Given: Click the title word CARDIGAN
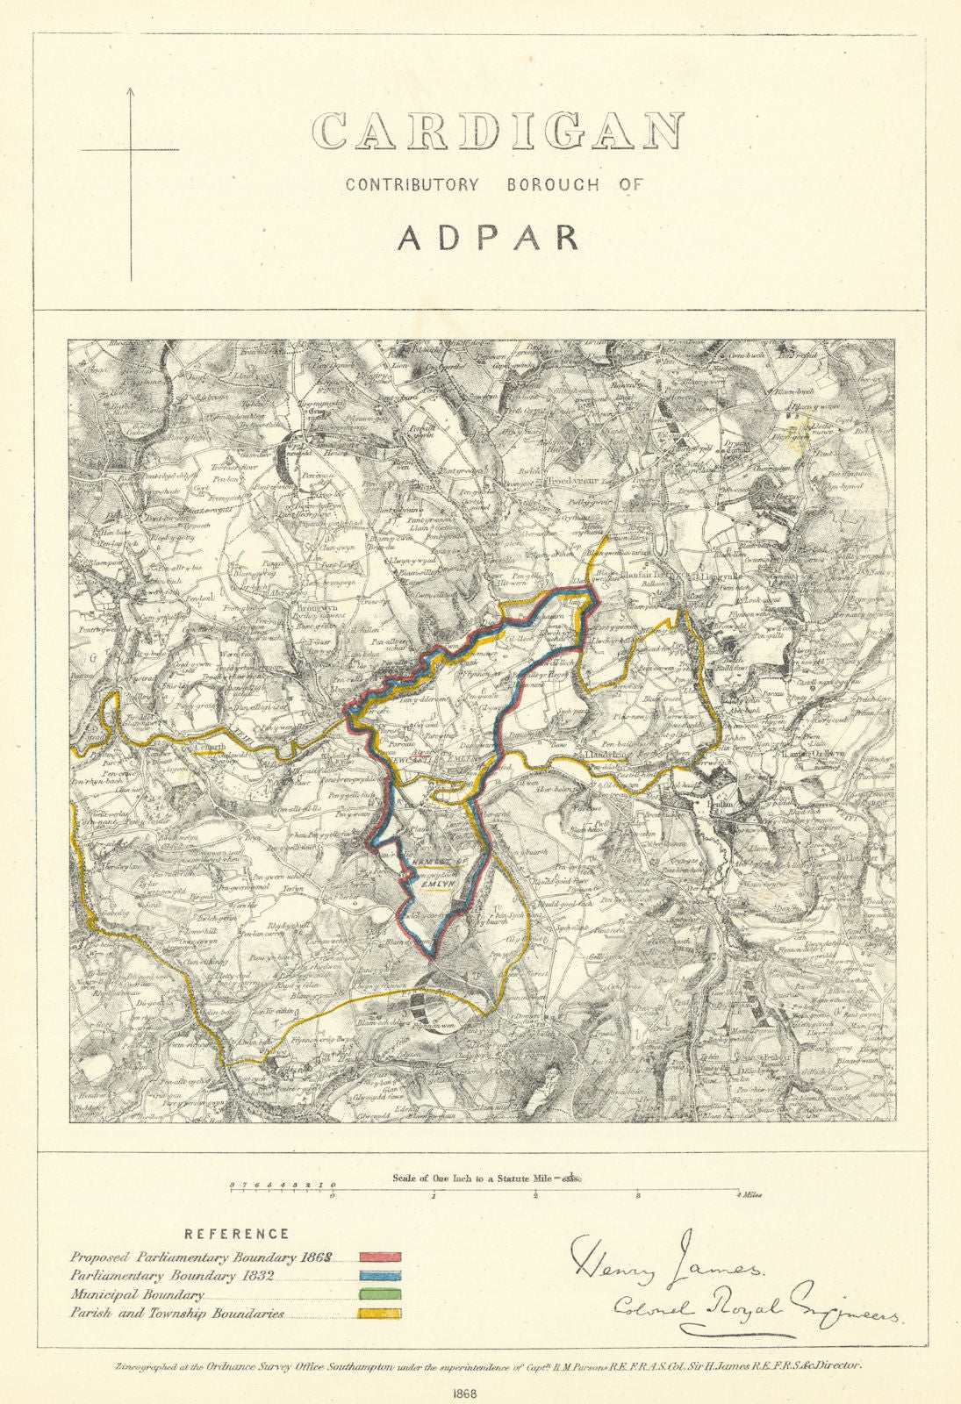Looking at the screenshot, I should (498, 133).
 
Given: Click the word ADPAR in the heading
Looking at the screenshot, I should (488, 238).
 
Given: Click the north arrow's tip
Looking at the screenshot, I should (132, 89).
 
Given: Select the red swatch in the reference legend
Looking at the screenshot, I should (379, 1257).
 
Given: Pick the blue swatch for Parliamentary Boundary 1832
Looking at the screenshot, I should (379, 1276).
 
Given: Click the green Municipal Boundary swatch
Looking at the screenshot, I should (379, 1294).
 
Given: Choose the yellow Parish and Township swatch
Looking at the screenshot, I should (379, 1313).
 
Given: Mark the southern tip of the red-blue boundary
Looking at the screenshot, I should (432, 957).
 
